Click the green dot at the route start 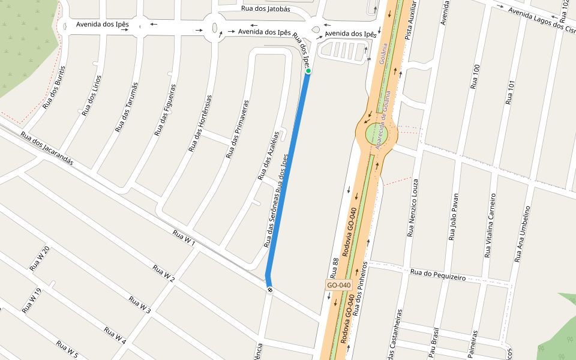tap(308, 71)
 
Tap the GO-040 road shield tap(338, 285)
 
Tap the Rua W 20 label tap(40, 259)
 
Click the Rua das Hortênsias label tap(200, 123)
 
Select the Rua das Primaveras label tap(237, 129)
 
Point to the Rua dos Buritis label tap(53, 88)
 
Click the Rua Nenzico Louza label tap(413, 207)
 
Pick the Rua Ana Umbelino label tap(523, 234)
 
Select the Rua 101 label tap(511, 92)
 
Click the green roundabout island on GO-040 tap(377, 134)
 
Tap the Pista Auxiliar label tap(410, 20)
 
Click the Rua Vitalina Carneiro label tap(490, 225)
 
